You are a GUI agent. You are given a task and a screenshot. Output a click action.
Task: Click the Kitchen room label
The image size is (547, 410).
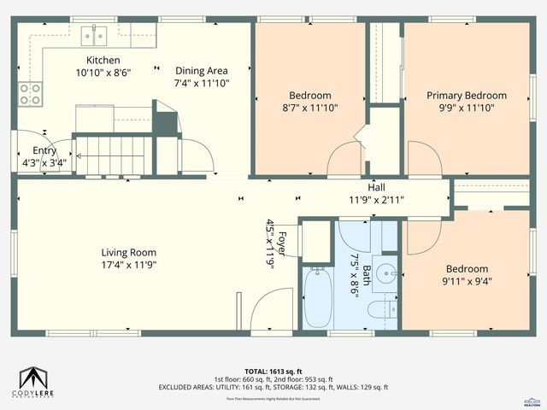103,61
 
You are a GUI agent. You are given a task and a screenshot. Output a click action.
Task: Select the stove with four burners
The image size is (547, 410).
31,93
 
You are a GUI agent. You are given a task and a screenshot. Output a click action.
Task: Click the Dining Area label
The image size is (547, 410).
203,71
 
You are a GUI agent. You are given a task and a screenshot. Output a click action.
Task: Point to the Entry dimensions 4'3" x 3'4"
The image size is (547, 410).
38,162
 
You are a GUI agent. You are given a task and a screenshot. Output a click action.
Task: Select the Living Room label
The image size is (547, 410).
129,252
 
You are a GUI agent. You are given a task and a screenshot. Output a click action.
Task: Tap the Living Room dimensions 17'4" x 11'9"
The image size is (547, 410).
129,265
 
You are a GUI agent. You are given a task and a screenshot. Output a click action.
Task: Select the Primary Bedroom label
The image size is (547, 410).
467,96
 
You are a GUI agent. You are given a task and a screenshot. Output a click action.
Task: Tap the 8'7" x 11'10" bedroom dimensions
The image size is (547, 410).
309,108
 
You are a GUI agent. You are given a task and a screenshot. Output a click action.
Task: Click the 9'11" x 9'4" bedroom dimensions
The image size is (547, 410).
467,280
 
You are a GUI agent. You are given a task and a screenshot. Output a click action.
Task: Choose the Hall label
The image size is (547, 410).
376,187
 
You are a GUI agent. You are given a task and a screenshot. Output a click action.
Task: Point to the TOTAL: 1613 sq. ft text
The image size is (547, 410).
273,370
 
